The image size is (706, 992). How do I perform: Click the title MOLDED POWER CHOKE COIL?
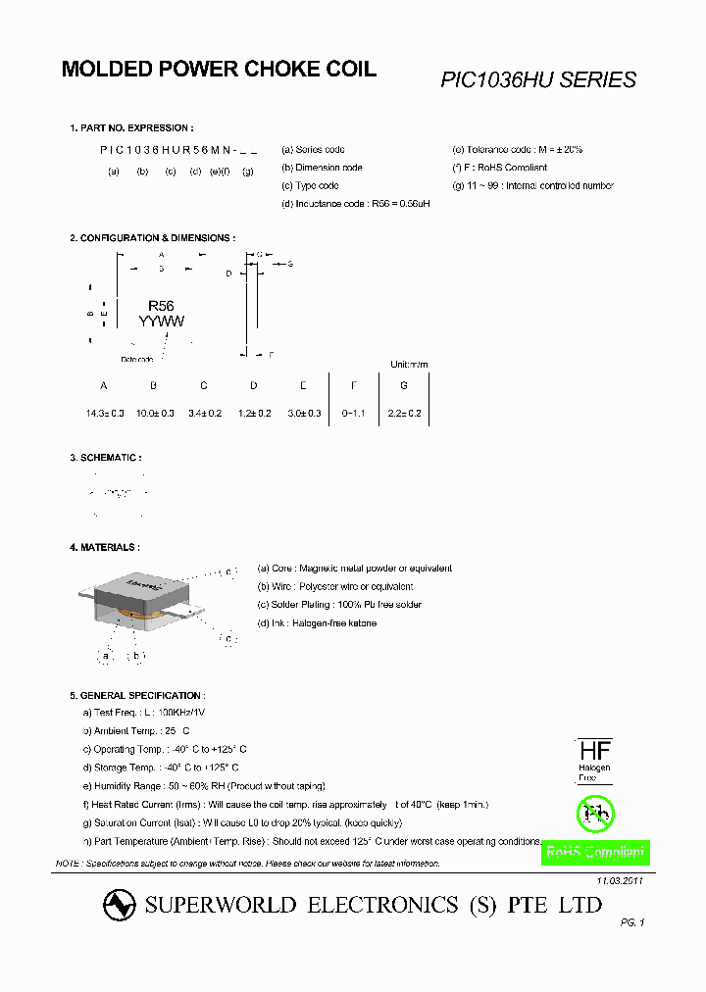(x=219, y=70)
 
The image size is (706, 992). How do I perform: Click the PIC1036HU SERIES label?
(x=538, y=80)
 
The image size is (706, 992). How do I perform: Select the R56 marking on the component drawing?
(x=161, y=306)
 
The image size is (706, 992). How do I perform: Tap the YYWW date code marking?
(x=161, y=322)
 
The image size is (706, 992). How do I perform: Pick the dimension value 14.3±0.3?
(x=105, y=414)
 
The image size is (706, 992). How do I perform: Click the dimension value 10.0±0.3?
(x=155, y=414)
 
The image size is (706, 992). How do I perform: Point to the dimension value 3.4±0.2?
(x=204, y=414)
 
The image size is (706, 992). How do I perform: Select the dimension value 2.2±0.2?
(x=403, y=414)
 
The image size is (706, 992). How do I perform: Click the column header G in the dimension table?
(x=403, y=385)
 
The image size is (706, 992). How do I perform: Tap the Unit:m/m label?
(x=410, y=365)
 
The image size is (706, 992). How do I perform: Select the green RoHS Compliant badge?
(x=595, y=853)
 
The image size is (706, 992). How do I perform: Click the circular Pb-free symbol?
(x=594, y=812)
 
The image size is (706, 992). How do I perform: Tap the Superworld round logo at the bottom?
(x=120, y=906)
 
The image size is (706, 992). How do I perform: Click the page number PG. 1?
(x=632, y=922)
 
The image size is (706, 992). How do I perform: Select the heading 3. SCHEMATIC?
(x=106, y=458)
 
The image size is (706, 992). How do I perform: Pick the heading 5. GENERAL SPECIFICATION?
(x=136, y=695)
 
